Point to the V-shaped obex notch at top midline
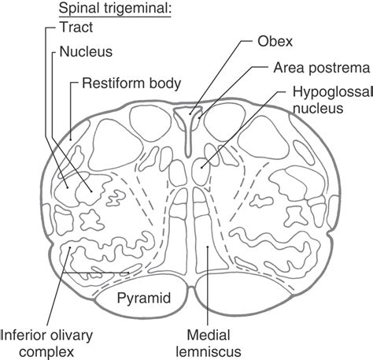(x=186, y=118)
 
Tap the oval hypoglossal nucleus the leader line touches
(x=204, y=165)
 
